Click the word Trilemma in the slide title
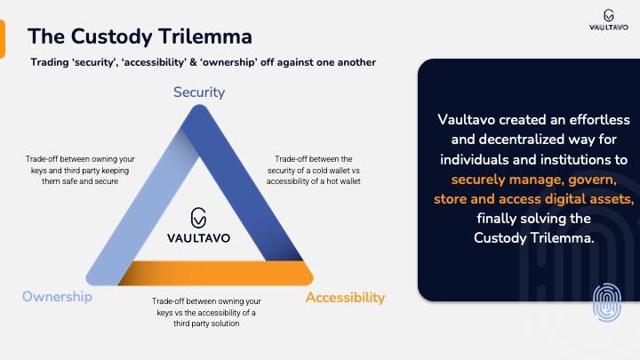pyautogui.click(x=205, y=36)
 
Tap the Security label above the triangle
pyautogui.click(x=199, y=92)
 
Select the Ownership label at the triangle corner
pyautogui.click(x=57, y=296)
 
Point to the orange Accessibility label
pyautogui.click(x=345, y=298)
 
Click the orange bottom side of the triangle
pyautogui.click(x=216, y=273)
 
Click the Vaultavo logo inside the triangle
pyautogui.click(x=199, y=225)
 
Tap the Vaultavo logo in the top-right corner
pyautogui.click(x=609, y=20)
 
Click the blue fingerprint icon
pyautogui.click(x=607, y=302)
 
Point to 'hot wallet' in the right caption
pyautogui.click(x=344, y=181)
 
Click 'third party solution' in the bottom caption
pyautogui.click(x=206, y=324)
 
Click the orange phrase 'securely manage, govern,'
pyautogui.click(x=534, y=180)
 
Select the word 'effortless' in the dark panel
pyautogui.click(x=600, y=120)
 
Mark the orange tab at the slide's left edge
pyautogui.click(x=3, y=39)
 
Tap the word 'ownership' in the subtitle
pyautogui.click(x=229, y=62)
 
